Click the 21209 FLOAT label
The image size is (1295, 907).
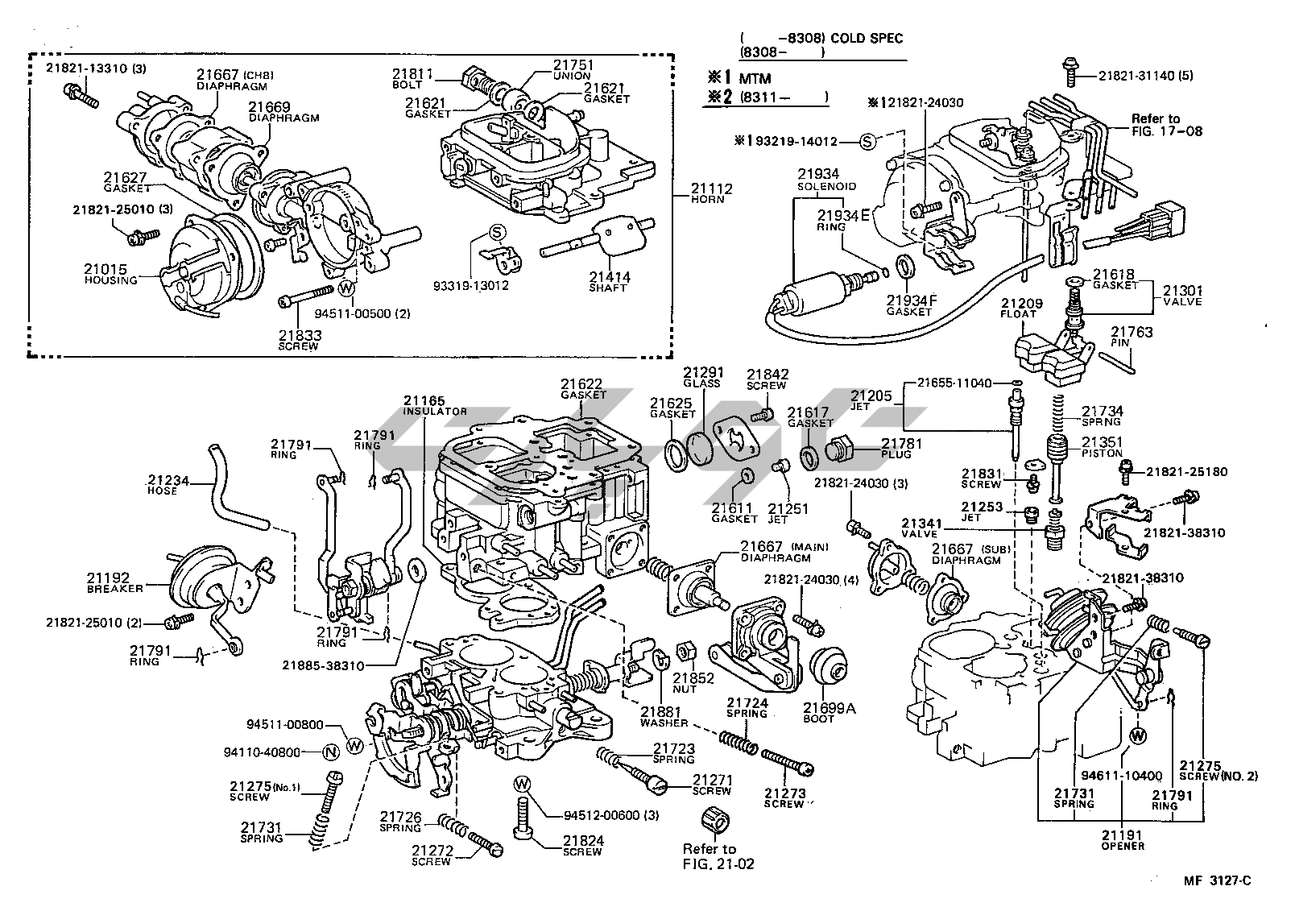point(1022,309)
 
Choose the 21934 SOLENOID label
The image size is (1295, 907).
point(826,179)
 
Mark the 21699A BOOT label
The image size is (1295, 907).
point(829,712)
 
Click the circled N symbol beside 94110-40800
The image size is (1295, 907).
point(329,752)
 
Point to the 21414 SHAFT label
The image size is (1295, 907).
point(610,281)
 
